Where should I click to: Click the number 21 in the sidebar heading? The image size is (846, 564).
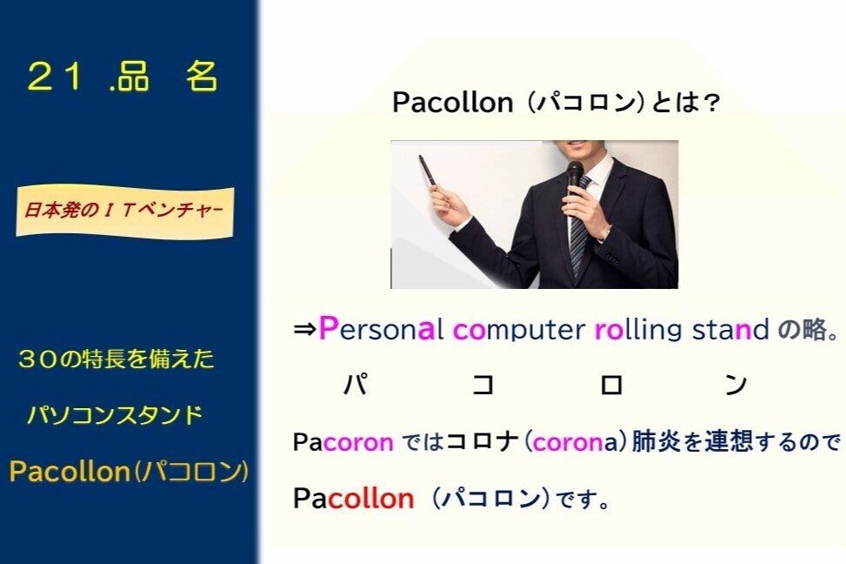(54, 77)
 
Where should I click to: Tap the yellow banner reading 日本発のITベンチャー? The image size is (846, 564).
(124, 211)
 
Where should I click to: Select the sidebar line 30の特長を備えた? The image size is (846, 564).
(116, 359)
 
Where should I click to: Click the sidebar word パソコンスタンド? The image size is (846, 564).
(115, 415)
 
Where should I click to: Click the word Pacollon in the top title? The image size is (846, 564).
(452, 102)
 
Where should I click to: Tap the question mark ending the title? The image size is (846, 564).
(712, 103)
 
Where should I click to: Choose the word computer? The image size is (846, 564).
(519, 330)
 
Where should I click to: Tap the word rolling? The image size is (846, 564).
(638, 330)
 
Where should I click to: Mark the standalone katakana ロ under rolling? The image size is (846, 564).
(611, 386)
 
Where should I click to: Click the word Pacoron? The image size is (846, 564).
(343, 442)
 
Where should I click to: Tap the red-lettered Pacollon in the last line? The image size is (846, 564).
(353, 498)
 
